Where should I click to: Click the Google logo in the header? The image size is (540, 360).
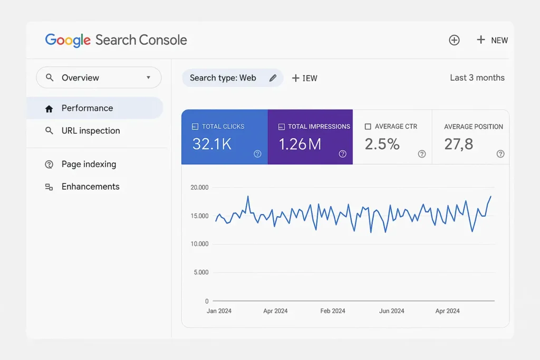pyautogui.click(x=68, y=40)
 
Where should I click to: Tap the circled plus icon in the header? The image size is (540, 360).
pyautogui.click(x=454, y=40)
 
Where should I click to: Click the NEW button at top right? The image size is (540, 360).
pyautogui.click(x=492, y=40)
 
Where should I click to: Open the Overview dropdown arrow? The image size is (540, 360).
pyautogui.click(x=148, y=77)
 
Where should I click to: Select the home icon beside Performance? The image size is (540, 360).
pyautogui.click(x=49, y=109)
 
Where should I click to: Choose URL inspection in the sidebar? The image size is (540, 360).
pyautogui.click(x=91, y=131)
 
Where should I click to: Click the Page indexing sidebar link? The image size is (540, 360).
pyautogui.click(x=89, y=164)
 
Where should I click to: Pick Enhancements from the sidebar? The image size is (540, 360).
pyautogui.click(x=90, y=187)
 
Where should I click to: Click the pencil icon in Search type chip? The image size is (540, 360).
pyautogui.click(x=273, y=78)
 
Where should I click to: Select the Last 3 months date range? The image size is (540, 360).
pyautogui.click(x=477, y=77)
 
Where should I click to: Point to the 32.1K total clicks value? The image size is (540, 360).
pyautogui.click(x=211, y=144)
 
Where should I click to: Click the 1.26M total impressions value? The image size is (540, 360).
pyautogui.click(x=300, y=144)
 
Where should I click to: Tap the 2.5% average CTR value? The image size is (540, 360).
pyautogui.click(x=382, y=144)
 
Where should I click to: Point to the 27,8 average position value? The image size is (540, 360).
pyautogui.click(x=458, y=144)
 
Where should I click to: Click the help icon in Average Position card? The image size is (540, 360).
pyautogui.click(x=500, y=154)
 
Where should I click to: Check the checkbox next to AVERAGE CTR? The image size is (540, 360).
pyautogui.click(x=368, y=127)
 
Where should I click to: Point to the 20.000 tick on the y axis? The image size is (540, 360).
pyautogui.click(x=199, y=188)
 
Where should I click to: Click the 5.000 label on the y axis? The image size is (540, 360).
pyautogui.click(x=200, y=273)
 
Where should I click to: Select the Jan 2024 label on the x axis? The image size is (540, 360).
pyautogui.click(x=219, y=311)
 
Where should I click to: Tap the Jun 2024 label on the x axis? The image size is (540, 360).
pyautogui.click(x=391, y=311)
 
